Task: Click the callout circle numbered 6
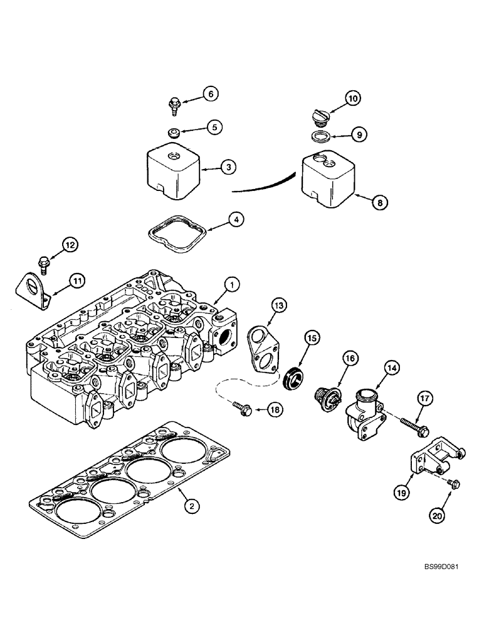point(209,94)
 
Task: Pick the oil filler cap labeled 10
point(319,117)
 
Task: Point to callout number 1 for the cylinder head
point(231,285)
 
